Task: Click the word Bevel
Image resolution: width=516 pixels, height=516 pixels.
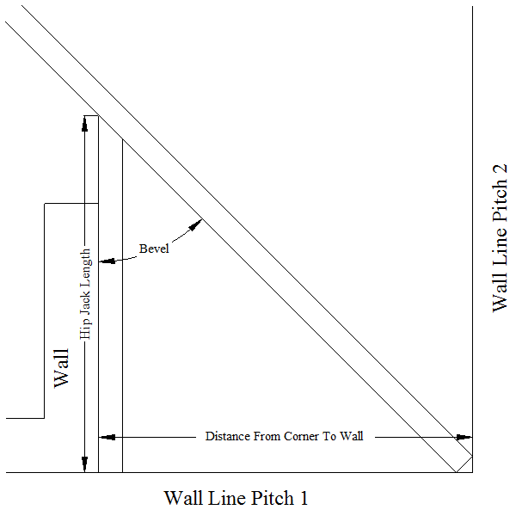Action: (x=154, y=249)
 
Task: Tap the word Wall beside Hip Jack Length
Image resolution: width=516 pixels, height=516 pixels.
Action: (x=62, y=368)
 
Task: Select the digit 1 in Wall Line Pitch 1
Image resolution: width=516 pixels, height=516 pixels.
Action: (x=304, y=498)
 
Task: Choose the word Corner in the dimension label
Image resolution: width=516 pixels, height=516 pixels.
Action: (x=302, y=436)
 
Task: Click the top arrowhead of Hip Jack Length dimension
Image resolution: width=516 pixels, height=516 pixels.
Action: (x=85, y=124)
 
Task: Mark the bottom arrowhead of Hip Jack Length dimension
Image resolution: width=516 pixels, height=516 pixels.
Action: (x=85, y=464)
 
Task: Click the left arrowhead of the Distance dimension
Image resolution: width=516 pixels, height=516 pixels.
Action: (x=107, y=438)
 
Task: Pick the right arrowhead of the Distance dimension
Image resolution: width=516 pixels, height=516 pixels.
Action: (x=464, y=438)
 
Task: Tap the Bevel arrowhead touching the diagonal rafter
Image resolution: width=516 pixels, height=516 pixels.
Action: (x=195, y=225)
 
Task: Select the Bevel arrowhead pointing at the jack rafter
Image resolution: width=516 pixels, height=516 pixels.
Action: (x=107, y=261)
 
